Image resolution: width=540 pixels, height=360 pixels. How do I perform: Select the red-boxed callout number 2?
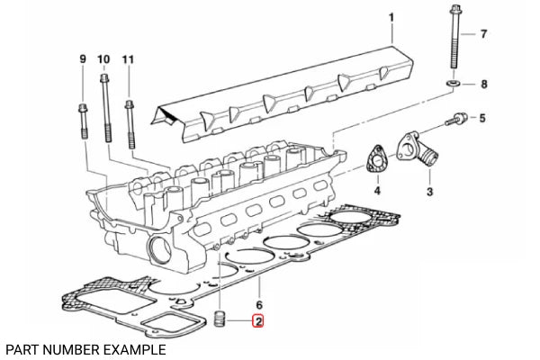(258, 320)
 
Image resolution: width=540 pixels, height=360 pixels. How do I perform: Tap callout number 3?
(429, 193)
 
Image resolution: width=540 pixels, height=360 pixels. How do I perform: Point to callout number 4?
(377, 191)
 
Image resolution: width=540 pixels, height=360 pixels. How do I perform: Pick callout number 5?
(481, 118)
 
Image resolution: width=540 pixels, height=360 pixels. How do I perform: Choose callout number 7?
(482, 35)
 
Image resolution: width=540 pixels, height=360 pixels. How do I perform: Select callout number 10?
(103, 58)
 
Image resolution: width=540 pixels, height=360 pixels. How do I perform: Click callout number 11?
(127, 58)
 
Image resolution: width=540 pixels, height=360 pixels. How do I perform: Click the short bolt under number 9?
(84, 119)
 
